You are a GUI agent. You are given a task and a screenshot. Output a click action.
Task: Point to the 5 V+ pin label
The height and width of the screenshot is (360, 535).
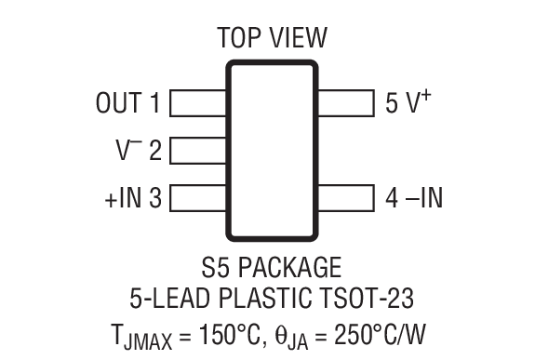pos(408,101)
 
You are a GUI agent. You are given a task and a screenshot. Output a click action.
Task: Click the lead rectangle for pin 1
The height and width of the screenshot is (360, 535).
pos(198,102)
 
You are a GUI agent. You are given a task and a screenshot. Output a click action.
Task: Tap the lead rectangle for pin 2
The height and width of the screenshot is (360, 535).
pos(198,150)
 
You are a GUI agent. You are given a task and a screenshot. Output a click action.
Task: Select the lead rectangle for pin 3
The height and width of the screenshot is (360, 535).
pos(198,197)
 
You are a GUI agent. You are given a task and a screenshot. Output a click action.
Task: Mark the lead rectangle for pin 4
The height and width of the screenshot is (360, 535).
pos(344,197)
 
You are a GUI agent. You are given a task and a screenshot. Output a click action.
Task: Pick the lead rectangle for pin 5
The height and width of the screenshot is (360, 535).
pos(344,102)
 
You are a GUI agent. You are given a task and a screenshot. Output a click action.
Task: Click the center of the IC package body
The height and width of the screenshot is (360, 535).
pos(272,150)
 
